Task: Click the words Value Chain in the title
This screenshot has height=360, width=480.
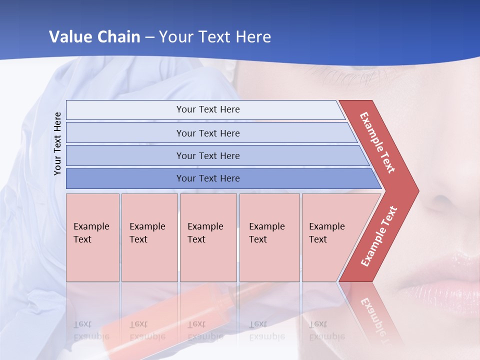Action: click(94, 36)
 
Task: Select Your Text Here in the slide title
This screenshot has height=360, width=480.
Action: click(215, 36)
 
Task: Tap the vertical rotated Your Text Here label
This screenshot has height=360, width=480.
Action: click(57, 144)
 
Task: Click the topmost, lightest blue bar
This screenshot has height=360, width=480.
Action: click(205, 109)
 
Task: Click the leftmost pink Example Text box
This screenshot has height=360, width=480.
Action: click(92, 237)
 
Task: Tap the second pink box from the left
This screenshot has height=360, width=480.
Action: click(149, 237)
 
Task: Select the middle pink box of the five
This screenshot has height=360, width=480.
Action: click(208, 237)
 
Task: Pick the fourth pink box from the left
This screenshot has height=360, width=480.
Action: click(269, 237)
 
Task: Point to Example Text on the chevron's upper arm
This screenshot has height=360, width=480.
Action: click(378, 142)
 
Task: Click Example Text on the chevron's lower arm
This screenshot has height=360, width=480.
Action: click(378, 236)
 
